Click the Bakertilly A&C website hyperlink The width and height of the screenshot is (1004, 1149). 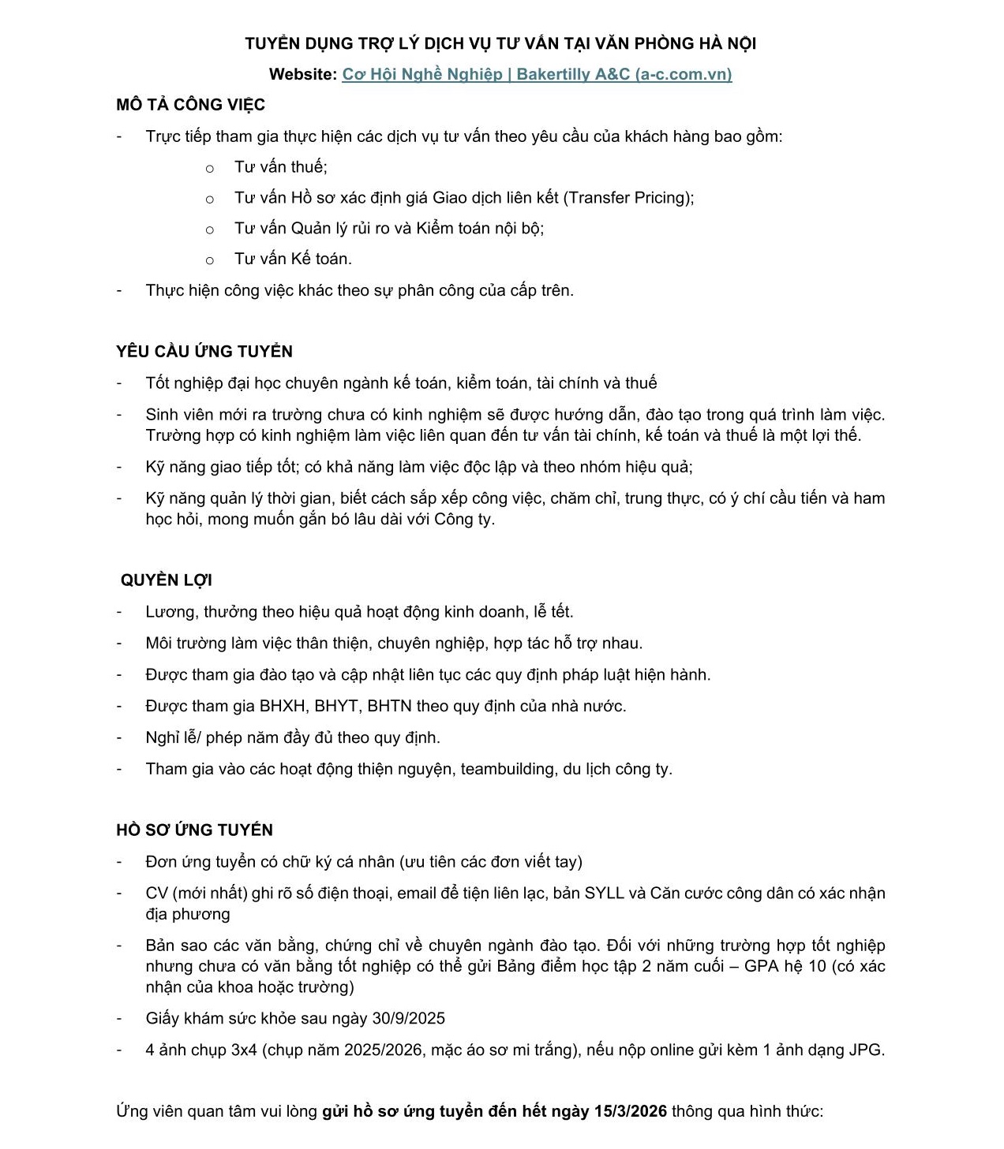tap(537, 74)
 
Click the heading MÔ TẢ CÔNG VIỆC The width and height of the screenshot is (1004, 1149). tap(190, 105)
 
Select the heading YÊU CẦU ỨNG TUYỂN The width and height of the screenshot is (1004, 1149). tap(204, 352)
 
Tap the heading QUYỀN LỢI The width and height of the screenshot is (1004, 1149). tap(166, 580)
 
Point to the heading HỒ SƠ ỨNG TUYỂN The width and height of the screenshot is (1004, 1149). tap(194, 830)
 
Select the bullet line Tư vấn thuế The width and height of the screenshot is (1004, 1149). tap(280, 167)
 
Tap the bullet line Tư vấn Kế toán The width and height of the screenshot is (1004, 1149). tap(293, 259)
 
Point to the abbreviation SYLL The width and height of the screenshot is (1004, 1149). tap(604, 893)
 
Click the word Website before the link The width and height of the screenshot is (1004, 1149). tap(302, 75)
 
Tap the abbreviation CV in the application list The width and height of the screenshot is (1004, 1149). tap(156, 893)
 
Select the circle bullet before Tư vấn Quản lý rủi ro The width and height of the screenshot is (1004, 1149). tap(209, 229)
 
